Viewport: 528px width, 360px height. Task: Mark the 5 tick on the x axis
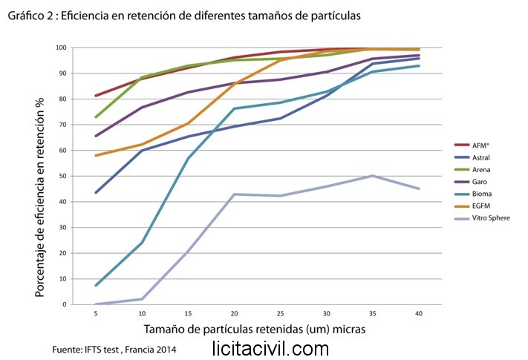coord(95,314)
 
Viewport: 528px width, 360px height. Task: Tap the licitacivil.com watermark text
coord(270,347)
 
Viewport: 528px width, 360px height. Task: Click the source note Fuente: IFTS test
coord(115,348)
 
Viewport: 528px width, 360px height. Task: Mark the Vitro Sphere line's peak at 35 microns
coord(372,176)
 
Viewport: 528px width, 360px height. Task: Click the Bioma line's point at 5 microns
coord(95,286)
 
